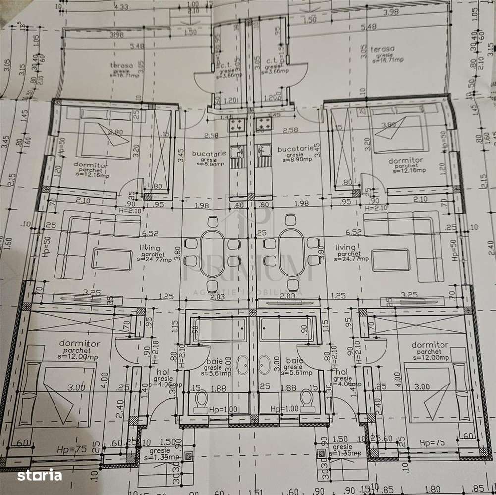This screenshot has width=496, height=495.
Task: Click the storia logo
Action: pos(40,475)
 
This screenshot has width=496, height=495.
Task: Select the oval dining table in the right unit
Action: pos(291,252)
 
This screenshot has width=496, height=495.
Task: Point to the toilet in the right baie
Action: pos(307,400)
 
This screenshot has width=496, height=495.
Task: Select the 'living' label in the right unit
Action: pos(345,247)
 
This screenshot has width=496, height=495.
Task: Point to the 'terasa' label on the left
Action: pos(122,65)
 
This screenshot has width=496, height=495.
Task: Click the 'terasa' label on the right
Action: pos(384,49)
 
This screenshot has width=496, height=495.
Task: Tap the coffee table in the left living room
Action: pos(111,259)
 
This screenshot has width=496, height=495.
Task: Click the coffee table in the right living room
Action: pos(391,259)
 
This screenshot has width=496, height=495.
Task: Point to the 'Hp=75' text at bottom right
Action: pos(432,442)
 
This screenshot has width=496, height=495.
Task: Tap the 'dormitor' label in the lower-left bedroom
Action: pos(80,343)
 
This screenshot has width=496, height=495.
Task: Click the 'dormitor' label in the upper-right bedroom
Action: pos(406,160)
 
